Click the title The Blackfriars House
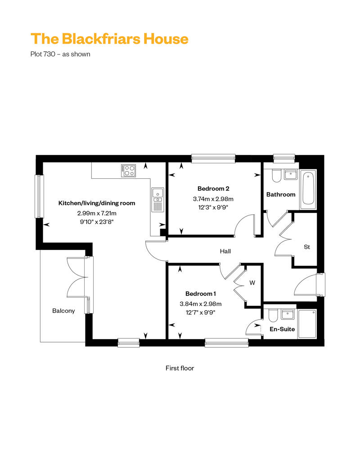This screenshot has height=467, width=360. coord(109,39)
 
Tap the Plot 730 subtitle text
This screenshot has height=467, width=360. coord(60,54)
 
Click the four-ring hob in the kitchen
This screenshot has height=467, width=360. coord(129,171)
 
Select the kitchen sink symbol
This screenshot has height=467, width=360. coord(157,199)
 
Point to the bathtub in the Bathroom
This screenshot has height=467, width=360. coord(308,190)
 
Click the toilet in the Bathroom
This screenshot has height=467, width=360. coord(277,176)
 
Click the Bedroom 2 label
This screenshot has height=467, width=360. coord(213,189)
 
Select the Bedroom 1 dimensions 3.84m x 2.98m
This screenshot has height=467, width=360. coord(201,304)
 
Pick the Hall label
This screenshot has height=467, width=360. coord(225,251)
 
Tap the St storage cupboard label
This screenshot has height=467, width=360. coord(307,247)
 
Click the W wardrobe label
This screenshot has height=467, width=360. coord(252,283)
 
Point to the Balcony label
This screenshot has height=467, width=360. coord(63,311)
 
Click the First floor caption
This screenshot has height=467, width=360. coord(180,368)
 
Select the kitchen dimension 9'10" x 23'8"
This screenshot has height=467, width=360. coord(97,222)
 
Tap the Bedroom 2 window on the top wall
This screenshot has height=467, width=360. coord(213,159)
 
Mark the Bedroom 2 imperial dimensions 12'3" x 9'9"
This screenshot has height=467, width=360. coord(213,207)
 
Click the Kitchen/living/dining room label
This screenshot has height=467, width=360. coord(97,203)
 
